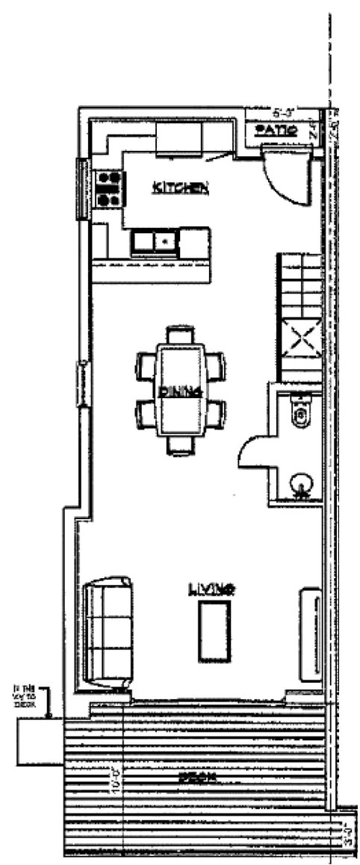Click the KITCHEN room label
(180, 187)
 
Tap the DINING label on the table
(180, 391)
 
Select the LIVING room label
(212, 589)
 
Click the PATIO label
(276, 130)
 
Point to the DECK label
(198, 778)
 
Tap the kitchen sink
(154, 242)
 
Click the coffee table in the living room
(214, 631)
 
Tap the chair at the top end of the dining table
(180, 334)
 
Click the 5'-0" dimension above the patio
(282, 114)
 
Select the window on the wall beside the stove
(81, 188)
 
